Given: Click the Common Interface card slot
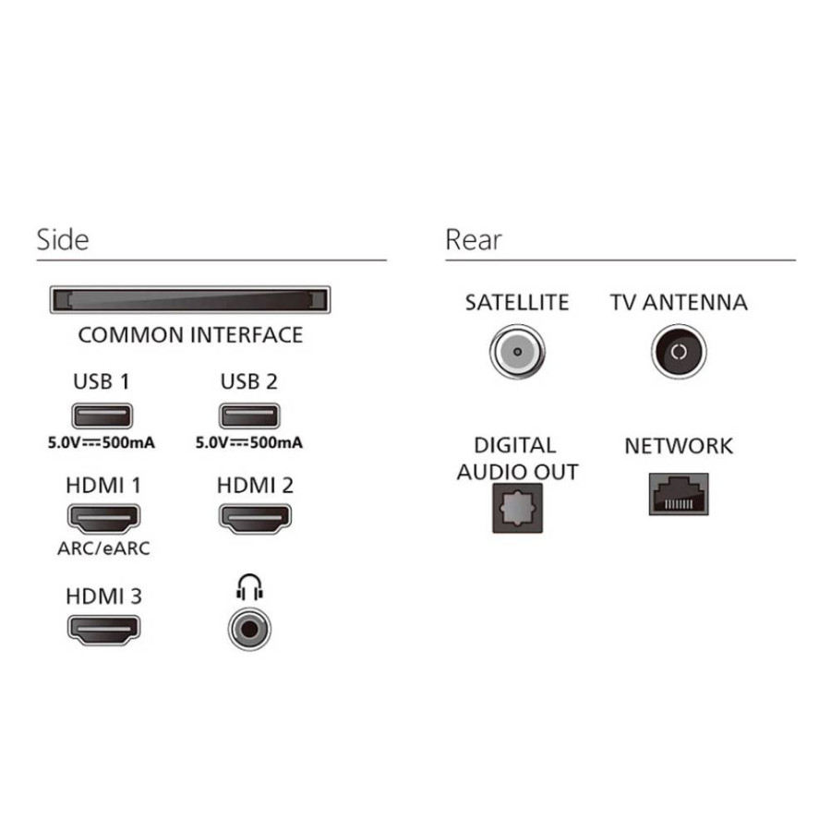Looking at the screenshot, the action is coord(189,300).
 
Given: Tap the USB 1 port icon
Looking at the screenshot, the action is coord(102,415).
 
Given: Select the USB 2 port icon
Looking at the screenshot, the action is coord(249,415).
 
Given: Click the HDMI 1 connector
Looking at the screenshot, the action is coord(103,518).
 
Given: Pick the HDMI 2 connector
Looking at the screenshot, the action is coord(255,518).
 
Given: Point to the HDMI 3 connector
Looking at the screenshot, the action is coord(103,630).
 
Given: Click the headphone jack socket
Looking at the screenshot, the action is coord(249,629).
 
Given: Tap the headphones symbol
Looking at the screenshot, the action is coord(249,587).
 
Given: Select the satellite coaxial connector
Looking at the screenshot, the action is coord(517,352).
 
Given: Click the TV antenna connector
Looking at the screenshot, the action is coord(679,352).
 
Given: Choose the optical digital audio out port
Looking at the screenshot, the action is coord(517,508).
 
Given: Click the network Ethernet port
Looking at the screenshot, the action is coord(679,495).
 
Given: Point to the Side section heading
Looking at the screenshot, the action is coord(63,240).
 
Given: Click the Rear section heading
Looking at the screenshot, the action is coord(474,240).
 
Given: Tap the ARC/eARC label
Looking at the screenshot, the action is coord(103,548).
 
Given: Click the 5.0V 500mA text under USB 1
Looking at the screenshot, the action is coord(102,442).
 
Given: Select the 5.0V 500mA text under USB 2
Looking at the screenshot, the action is coord(249,442).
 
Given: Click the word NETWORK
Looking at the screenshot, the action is coord(679,446).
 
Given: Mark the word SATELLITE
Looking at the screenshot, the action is coord(517,303).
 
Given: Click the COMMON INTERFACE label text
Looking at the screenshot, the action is coord(190,335).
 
